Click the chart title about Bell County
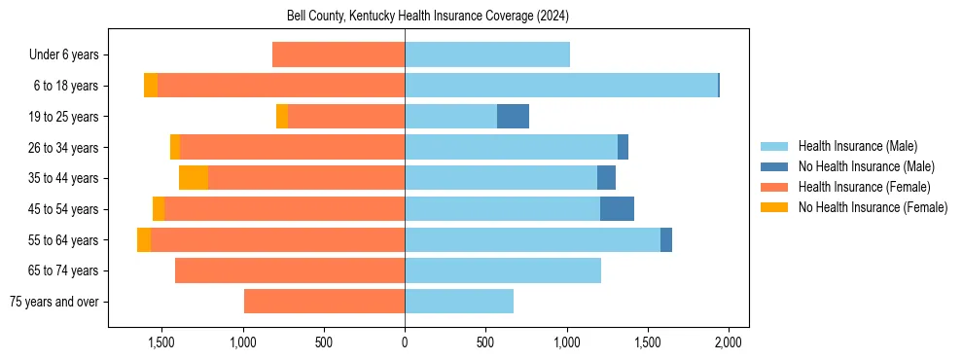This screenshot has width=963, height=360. (428, 17)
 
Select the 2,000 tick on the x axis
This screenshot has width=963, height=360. (729, 342)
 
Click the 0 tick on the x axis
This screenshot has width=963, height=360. (405, 342)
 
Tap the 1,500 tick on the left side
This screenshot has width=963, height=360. (160, 342)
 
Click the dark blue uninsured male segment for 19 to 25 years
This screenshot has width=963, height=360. (513, 117)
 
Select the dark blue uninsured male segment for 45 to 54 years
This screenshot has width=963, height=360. (617, 209)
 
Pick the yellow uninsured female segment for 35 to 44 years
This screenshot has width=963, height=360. (194, 178)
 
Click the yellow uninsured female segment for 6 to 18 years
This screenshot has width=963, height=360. (151, 86)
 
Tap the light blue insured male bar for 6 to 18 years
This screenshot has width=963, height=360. (561, 86)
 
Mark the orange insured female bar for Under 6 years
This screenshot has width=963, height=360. (339, 54)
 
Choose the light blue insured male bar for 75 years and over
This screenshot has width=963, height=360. (459, 302)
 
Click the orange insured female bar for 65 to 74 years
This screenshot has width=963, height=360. (290, 270)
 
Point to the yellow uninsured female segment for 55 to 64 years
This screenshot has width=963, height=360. (144, 240)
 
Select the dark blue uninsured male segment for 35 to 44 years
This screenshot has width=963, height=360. (606, 178)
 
